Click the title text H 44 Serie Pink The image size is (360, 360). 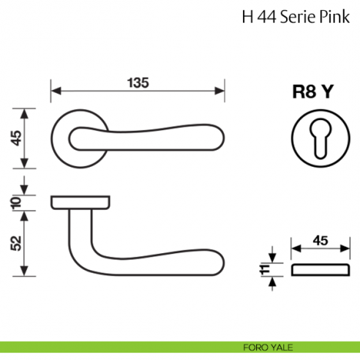click(296, 18)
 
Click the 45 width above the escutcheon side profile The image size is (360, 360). click(320, 240)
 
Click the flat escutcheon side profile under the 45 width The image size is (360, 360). click(320, 271)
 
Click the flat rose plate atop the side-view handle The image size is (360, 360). click(80, 201)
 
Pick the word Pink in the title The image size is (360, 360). click(335, 18)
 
